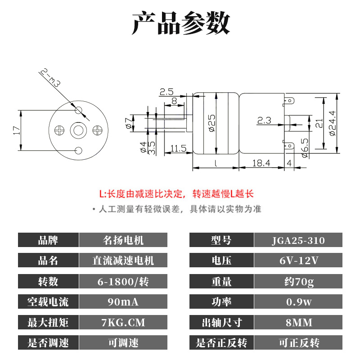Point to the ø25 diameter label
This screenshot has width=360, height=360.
point(212,121)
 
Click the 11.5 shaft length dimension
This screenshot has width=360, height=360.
point(179,148)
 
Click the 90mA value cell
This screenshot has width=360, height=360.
point(123,302)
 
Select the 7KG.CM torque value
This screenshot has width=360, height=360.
point(123,323)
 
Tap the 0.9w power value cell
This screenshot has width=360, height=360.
point(298,302)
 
